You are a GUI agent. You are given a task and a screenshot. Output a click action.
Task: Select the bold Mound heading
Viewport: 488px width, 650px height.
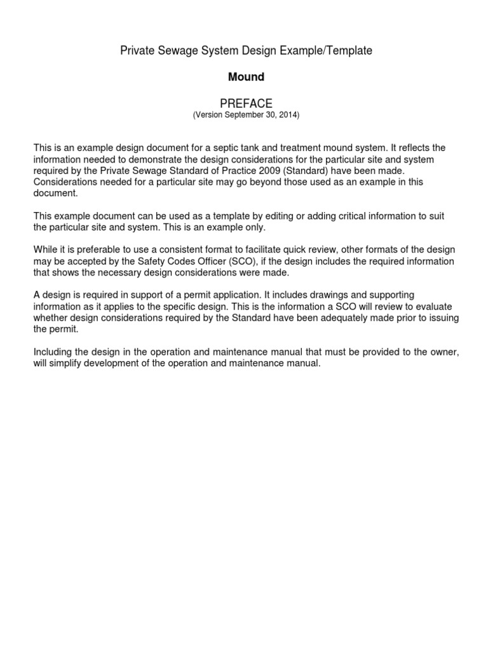coord(246,77)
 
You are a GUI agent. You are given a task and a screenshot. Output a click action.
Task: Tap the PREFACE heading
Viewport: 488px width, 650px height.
coord(246,103)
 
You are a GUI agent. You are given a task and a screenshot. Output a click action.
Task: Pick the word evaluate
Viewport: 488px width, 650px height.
coord(438,307)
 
